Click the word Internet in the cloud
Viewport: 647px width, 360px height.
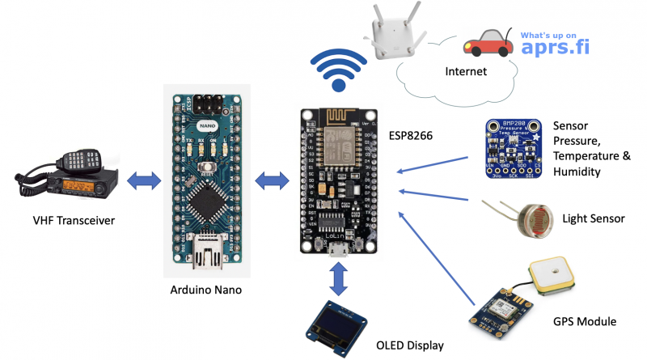[x=466, y=72]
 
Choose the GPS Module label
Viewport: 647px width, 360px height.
[x=587, y=321]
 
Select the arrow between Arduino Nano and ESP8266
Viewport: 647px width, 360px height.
[x=271, y=177]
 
